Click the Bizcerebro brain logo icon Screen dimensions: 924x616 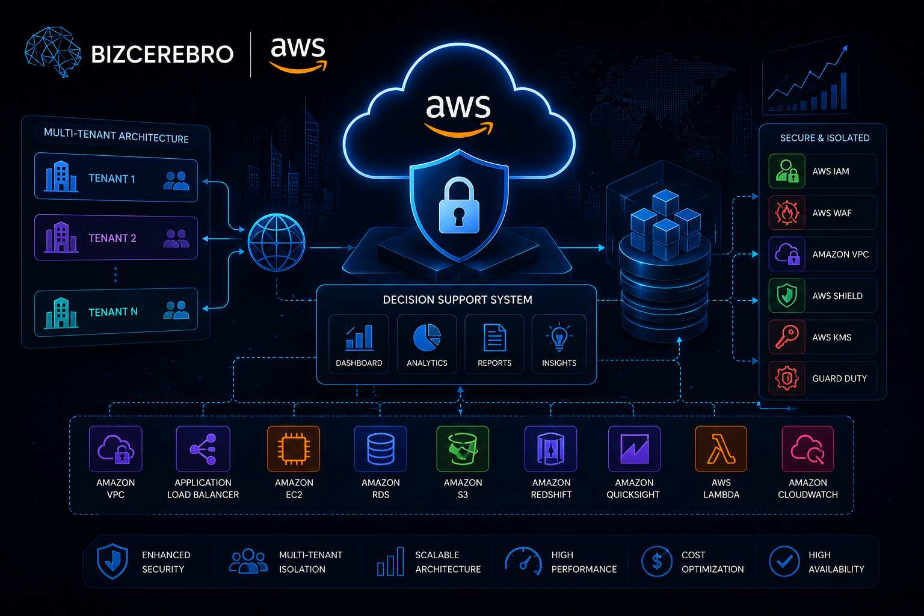tap(52, 52)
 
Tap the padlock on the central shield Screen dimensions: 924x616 tap(459, 206)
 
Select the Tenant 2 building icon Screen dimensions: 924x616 tap(61, 237)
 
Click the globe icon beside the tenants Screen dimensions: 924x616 tap(276, 242)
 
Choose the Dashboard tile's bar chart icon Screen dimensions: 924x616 tap(359, 337)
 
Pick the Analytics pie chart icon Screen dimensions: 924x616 tap(427, 337)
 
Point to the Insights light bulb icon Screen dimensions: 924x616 tap(559, 337)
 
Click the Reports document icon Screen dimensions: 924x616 tap(494, 337)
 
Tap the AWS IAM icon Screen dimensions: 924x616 tap(787, 171)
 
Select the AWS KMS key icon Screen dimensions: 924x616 tap(787, 337)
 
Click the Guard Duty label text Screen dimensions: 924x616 tap(839, 378)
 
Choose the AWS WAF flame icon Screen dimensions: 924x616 tap(787, 213)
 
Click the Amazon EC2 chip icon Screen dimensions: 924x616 tap(294, 449)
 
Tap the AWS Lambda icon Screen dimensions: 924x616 tap(721, 449)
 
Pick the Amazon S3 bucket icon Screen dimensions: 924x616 tap(463, 449)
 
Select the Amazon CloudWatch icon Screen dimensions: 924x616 tap(808, 449)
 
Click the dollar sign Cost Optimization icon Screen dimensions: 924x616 tap(657, 561)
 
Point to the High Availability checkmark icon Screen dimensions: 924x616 tap(784, 561)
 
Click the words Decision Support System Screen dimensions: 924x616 tap(457, 300)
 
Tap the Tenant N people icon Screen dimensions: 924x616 tap(176, 310)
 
